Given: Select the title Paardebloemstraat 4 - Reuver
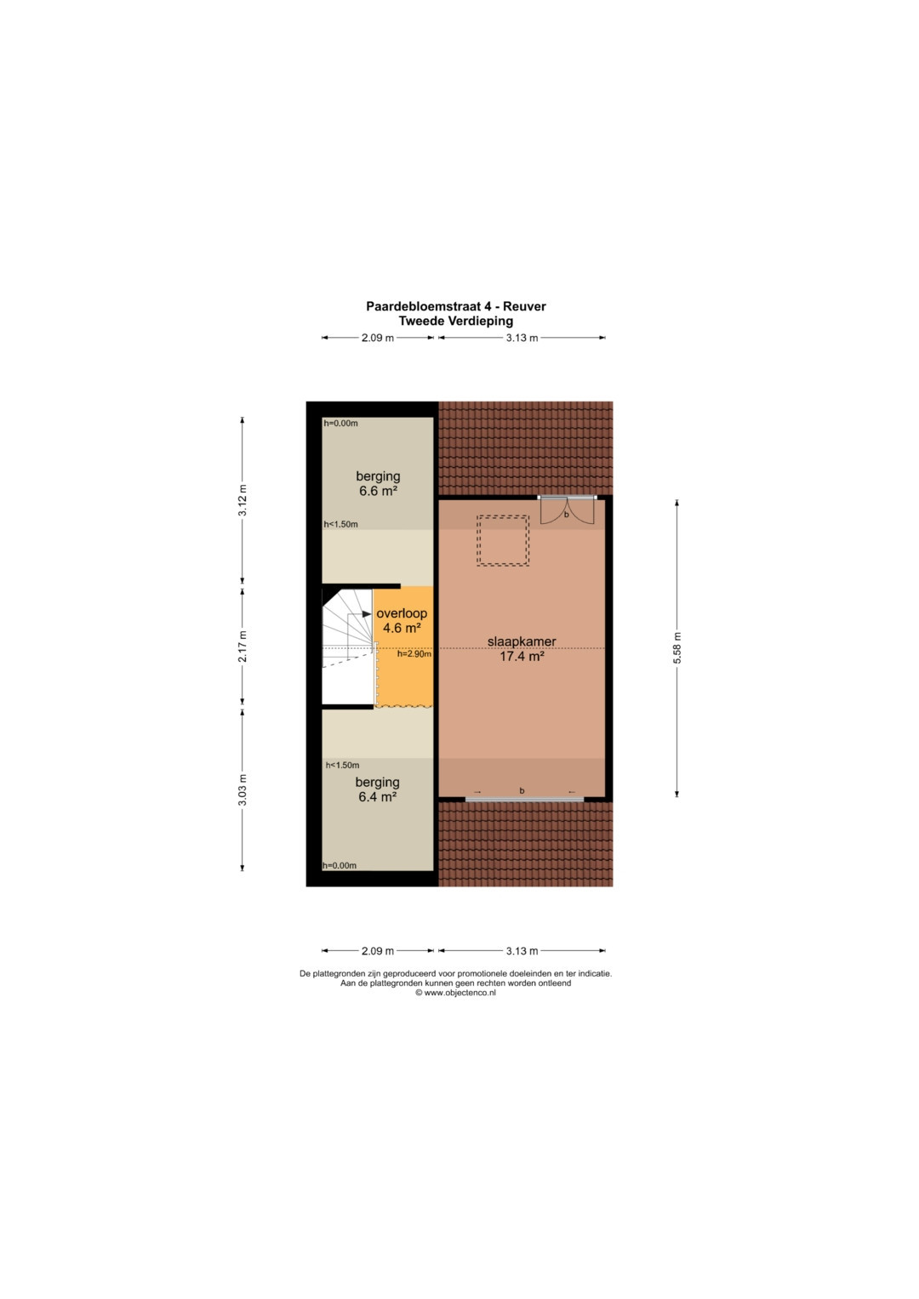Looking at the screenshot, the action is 455,306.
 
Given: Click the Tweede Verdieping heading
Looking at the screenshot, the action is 455,321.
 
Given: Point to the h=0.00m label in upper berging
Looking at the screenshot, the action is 340,424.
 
